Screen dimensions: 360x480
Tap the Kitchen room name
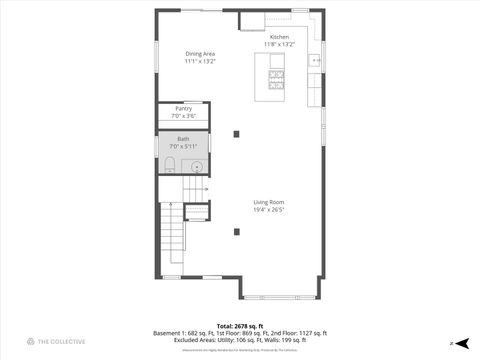pos(279,37)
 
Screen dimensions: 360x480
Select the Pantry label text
pos(183,108)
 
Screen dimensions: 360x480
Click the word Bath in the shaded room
pos(183,139)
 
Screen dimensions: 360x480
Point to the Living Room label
pos(269,202)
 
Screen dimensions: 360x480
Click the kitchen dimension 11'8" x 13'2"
pos(279,45)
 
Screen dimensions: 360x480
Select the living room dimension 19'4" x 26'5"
pos(269,210)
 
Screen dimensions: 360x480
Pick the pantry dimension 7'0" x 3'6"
pos(183,116)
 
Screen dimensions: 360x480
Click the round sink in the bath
pos(197,166)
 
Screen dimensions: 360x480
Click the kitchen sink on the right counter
pos(315,62)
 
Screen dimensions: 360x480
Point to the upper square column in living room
pos(237,133)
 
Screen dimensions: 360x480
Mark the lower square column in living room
pos(237,232)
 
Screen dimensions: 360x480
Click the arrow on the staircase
pos(198,188)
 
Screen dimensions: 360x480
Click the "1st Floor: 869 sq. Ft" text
pos(231,332)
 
